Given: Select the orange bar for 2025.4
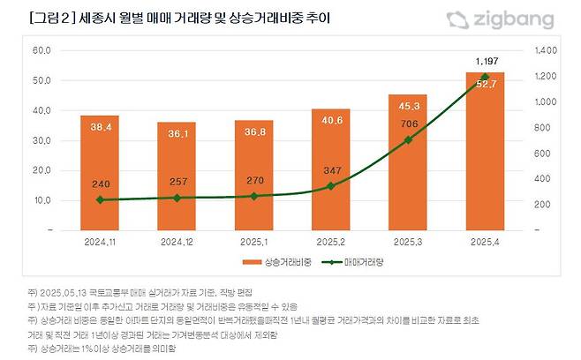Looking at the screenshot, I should pos(485,151).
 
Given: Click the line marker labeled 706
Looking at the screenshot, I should pos(408,139).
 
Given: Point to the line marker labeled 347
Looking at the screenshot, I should pos(330,186).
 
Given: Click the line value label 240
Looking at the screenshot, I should pos(99,184).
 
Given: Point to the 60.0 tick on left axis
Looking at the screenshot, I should pos(41,50).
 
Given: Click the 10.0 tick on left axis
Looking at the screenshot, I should pos(41,200).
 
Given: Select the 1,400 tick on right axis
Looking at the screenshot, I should pos(547,50).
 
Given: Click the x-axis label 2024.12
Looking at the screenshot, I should pos(176,241).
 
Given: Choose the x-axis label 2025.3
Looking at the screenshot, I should pos(407,241).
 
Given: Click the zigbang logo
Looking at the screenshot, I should pos(499,19).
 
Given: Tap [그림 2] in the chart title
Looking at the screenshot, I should pos(50,19).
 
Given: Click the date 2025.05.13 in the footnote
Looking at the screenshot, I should pos(61,290).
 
